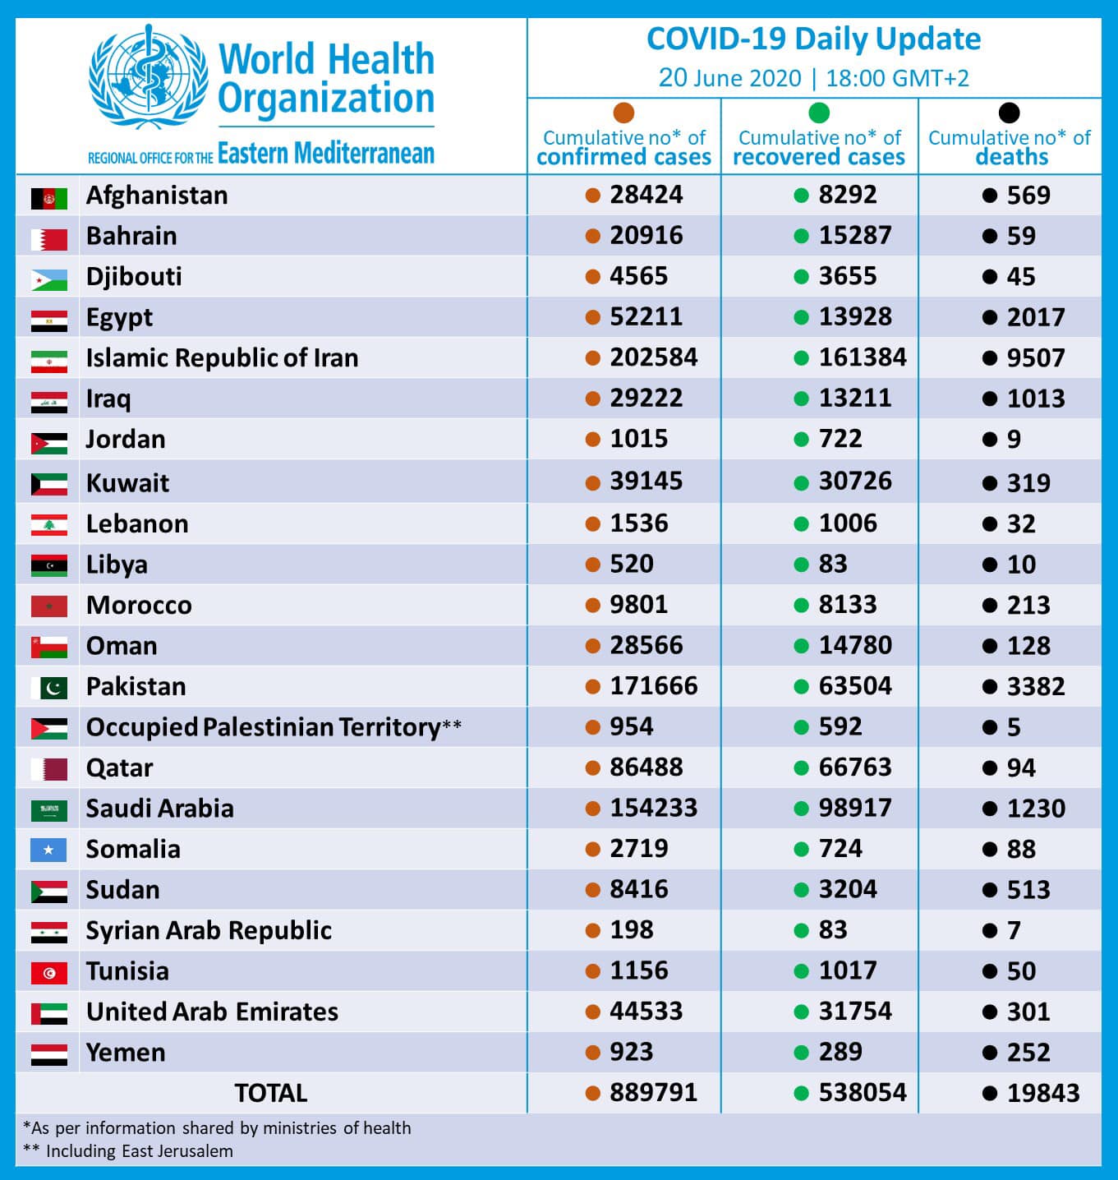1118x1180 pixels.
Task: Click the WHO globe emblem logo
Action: tap(148, 76)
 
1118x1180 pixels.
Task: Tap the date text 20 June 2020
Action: tap(729, 78)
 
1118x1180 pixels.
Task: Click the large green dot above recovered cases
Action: tap(819, 113)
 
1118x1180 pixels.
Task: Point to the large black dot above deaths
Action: tap(1009, 113)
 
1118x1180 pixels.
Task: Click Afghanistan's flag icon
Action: tap(49, 198)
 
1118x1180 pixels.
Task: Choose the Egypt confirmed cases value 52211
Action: tap(646, 317)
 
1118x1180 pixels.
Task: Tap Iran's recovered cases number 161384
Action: tap(863, 357)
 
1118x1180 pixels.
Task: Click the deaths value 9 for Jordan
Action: tap(1014, 440)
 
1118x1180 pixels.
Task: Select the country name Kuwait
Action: tap(127, 483)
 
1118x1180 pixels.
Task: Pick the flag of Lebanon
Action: tap(49, 525)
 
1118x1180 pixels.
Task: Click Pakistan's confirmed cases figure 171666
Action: tap(654, 686)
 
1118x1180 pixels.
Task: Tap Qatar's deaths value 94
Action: tap(1021, 767)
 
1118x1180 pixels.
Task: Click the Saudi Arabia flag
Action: tap(49, 810)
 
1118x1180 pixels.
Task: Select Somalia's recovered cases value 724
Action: tap(840, 849)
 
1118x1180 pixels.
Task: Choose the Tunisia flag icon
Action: tap(49, 973)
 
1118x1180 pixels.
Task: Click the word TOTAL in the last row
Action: tap(270, 1093)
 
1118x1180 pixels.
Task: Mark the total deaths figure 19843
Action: tap(1043, 1093)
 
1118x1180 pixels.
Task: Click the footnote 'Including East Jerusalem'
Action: tap(139, 1150)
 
